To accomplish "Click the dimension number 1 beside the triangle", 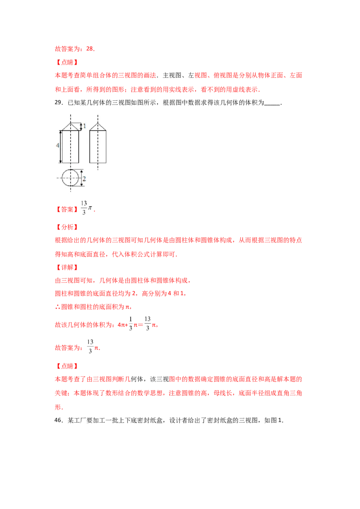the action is (x=84, y=126).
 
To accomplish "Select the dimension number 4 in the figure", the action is (x=58, y=146).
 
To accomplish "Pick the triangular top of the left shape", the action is (x=70, y=126).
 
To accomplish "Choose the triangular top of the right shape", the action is (x=98, y=126).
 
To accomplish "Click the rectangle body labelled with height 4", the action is (x=70, y=147).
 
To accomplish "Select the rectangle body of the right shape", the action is (x=98, y=147).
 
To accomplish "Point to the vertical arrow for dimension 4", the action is (x=61, y=147).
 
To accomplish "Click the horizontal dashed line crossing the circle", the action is (x=58, y=178).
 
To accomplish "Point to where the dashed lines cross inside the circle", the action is (x=70, y=178).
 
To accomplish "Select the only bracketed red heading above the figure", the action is (x=66, y=63).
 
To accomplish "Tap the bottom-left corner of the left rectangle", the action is (x=62, y=162).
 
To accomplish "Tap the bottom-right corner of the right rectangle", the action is (x=107, y=162).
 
